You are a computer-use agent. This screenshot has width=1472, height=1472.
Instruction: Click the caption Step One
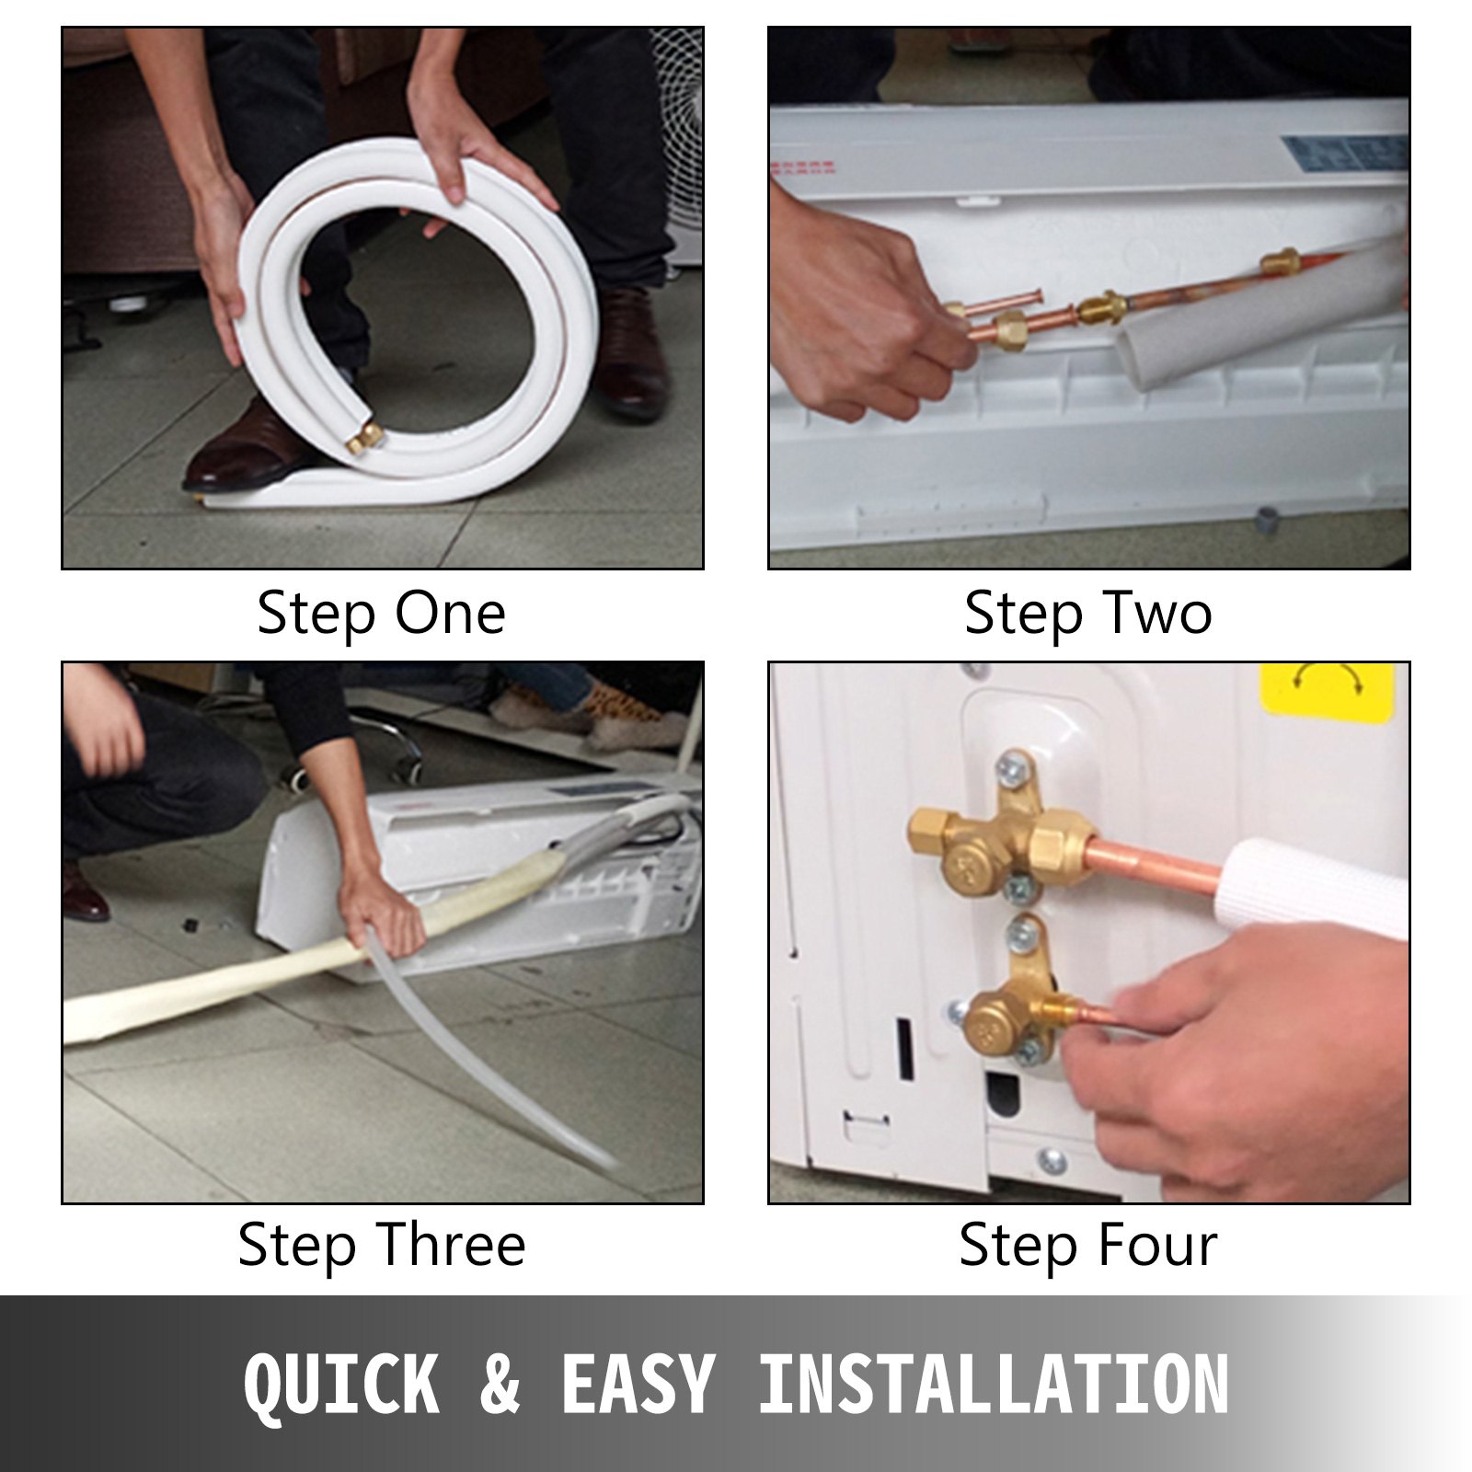pos(381,614)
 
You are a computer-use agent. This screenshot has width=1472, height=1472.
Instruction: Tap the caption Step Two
pos(1088,614)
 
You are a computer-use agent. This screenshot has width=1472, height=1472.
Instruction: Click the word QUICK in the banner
pos(340,1384)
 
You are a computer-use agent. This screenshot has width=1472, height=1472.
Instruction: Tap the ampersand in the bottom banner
pos(500,1384)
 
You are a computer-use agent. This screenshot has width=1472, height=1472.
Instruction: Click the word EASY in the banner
pos(637,1384)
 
